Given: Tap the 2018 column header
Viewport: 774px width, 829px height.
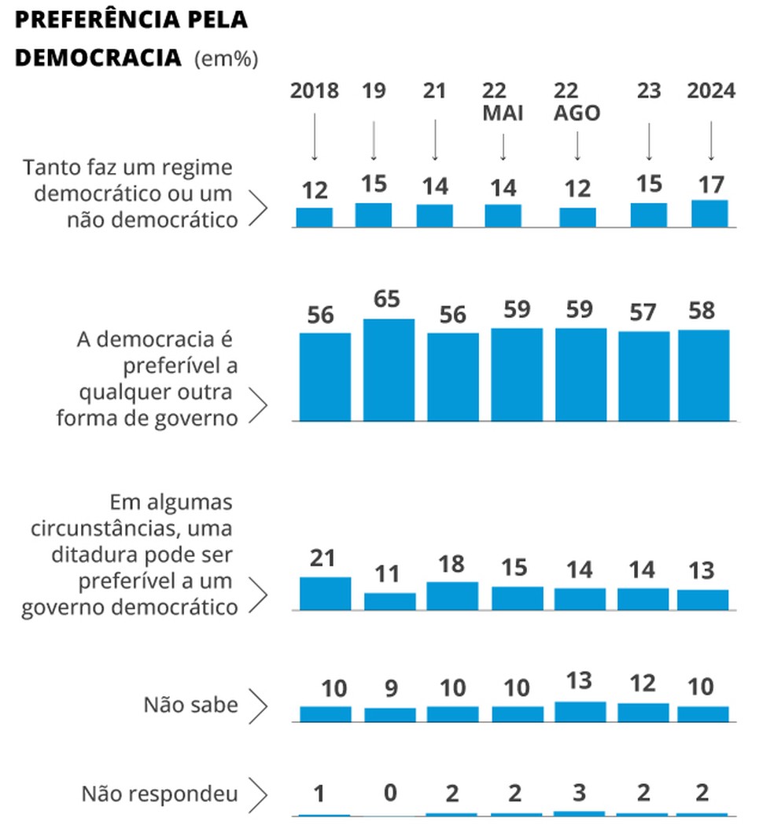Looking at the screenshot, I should pyautogui.click(x=315, y=91).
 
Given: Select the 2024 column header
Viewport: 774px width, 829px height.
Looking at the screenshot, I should pyautogui.click(x=711, y=91).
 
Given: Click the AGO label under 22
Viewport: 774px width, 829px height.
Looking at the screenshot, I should pyautogui.click(x=577, y=113).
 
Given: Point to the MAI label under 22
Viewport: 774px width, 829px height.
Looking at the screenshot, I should pyautogui.click(x=503, y=113).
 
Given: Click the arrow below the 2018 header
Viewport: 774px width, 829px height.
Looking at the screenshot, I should pyautogui.click(x=315, y=137).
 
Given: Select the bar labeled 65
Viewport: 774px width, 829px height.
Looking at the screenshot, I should pyautogui.click(x=389, y=369).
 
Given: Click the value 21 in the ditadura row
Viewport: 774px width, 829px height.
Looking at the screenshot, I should pyautogui.click(x=322, y=558).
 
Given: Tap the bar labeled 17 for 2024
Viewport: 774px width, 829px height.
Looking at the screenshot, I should pyautogui.click(x=709, y=213).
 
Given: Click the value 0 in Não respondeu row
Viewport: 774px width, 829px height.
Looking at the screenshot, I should pyautogui.click(x=390, y=793).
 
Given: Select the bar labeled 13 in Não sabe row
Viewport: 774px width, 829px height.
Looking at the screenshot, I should pyautogui.click(x=580, y=711).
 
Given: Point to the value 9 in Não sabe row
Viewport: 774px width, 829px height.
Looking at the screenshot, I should pyautogui.click(x=390, y=689).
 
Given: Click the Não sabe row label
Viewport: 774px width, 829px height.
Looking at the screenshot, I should pyautogui.click(x=190, y=705).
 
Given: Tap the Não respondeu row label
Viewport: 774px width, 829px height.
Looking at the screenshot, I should pyautogui.click(x=160, y=794).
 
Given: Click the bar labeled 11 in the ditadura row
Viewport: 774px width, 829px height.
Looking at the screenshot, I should pyautogui.click(x=389, y=601).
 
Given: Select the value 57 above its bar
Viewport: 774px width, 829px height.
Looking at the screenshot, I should pyautogui.click(x=643, y=313).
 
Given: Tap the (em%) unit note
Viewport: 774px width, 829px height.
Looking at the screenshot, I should pyautogui.click(x=226, y=59).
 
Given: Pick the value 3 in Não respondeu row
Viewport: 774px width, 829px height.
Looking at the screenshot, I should pyautogui.click(x=580, y=793).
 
